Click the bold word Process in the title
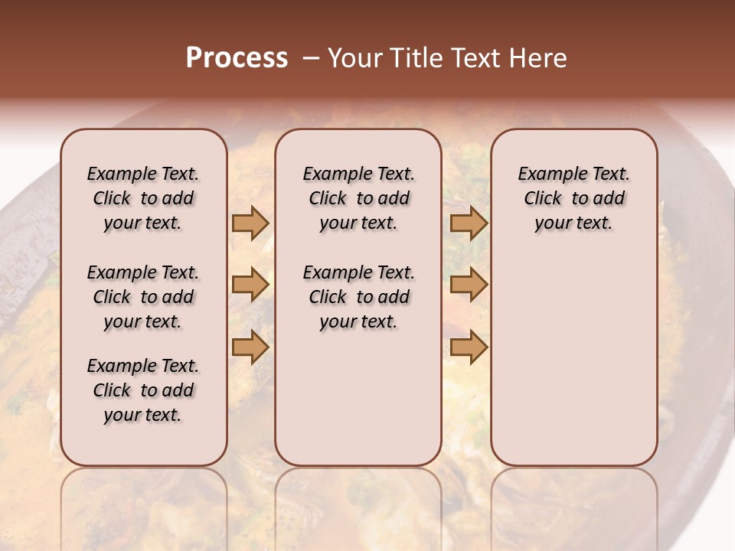[237, 58]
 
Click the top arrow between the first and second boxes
[250, 223]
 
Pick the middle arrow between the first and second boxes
[250, 285]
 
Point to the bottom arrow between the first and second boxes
[250, 347]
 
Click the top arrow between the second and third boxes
[469, 223]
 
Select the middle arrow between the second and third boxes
[469, 285]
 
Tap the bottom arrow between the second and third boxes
[469, 347]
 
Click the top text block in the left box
[143, 198]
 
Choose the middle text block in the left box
[143, 297]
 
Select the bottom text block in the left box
[143, 390]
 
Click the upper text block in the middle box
[358, 198]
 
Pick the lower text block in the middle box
[358, 297]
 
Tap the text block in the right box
[573, 198]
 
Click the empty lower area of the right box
[573, 360]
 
